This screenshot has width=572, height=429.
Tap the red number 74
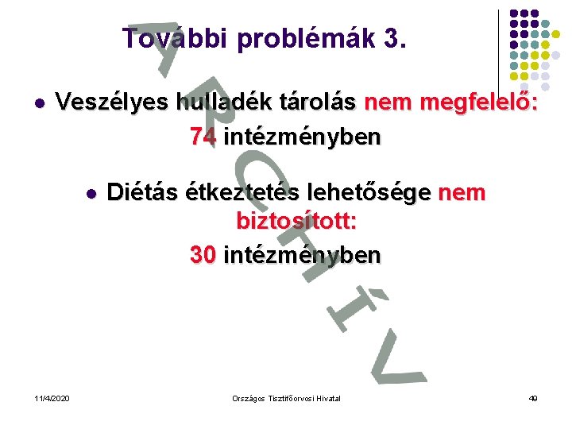(203, 137)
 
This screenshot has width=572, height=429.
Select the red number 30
(203, 255)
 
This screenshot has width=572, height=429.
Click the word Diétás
(141, 193)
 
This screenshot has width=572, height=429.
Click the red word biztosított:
(296, 222)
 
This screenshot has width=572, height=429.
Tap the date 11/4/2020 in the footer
(52, 397)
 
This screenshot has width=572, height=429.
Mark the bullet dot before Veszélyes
(38, 103)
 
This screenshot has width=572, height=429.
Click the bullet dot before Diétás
(91, 194)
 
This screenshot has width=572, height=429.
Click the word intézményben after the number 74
(302, 137)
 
